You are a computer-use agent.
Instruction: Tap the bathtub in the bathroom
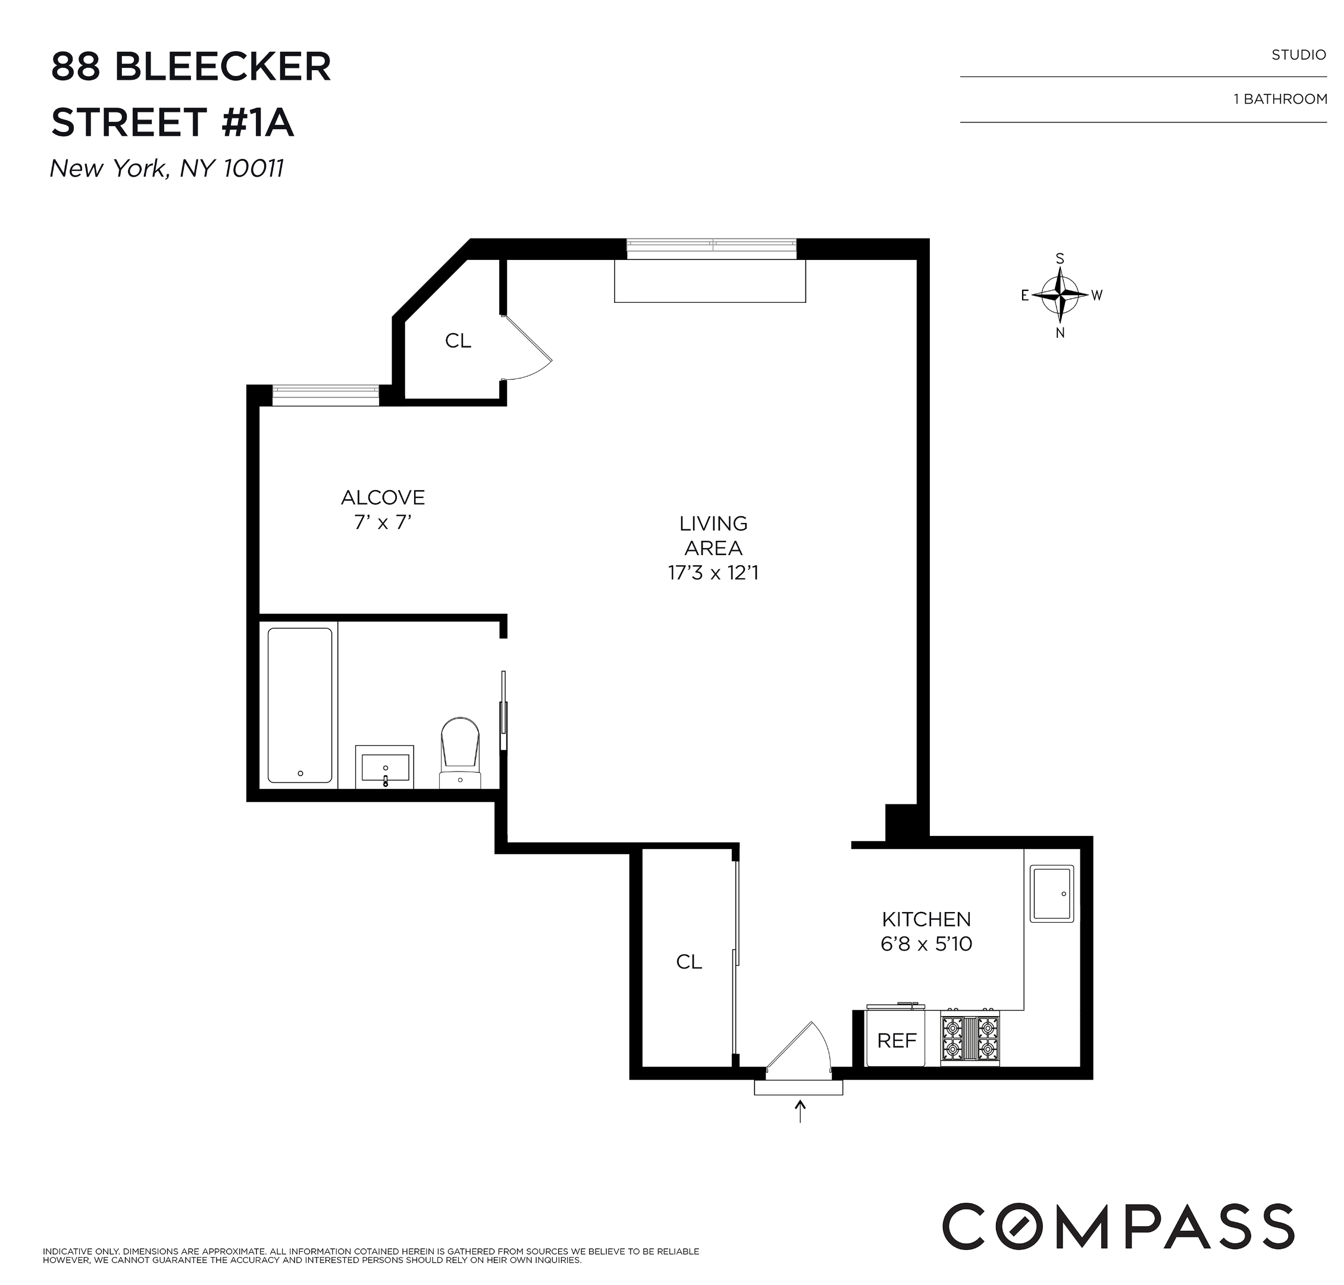click(x=299, y=704)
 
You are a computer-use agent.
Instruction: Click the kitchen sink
click(x=1051, y=892)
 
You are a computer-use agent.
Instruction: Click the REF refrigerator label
click(x=896, y=1040)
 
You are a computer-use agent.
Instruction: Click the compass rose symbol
click(x=1059, y=295)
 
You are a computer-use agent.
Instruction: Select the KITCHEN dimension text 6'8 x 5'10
click(x=926, y=944)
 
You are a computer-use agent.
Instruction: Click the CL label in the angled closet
click(x=458, y=340)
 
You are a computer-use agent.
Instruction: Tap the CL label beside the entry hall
click(x=688, y=962)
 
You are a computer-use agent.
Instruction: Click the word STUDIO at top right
click(x=1298, y=55)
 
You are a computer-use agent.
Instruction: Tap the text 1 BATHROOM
click(x=1280, y=99)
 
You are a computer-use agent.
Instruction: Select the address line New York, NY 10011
click(x=167, y=168)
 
